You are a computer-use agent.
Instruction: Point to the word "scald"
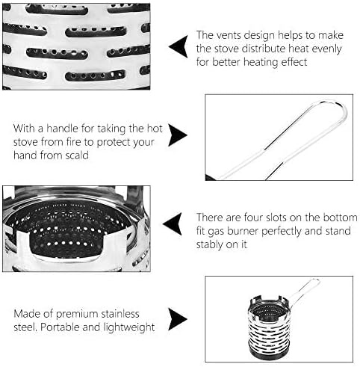click(77, 155)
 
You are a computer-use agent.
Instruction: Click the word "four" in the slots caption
click(254, 218)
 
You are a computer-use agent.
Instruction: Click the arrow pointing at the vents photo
click(178, 46)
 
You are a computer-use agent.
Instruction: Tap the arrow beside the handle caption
click(178, 135)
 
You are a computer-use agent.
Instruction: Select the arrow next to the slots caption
click(173, 223)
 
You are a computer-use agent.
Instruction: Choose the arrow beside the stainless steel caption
click(178, 319)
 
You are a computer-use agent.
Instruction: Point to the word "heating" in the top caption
click(261, 62)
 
